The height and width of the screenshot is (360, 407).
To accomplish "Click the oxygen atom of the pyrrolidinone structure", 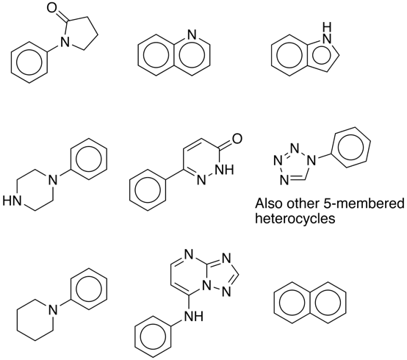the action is point(52,7).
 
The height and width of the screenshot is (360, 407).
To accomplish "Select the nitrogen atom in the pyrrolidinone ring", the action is point(65,42).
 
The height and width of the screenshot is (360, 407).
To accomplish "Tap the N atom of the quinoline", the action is point(192,35).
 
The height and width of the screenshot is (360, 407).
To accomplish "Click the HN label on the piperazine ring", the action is point(12,201).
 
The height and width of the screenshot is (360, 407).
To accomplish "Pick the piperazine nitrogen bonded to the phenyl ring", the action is point(53,180).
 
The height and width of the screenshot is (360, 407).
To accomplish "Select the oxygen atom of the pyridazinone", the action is point(237,138).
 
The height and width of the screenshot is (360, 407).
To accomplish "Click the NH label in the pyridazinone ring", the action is point(225,170).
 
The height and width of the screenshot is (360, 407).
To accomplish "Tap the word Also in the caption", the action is point(268,204).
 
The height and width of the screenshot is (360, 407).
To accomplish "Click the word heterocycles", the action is point(295,218).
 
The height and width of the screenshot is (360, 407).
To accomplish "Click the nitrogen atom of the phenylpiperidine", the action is point(53,309).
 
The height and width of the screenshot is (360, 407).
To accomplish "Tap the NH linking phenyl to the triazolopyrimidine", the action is point(194,317).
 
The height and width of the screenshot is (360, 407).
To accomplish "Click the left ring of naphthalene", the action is point(292,303).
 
